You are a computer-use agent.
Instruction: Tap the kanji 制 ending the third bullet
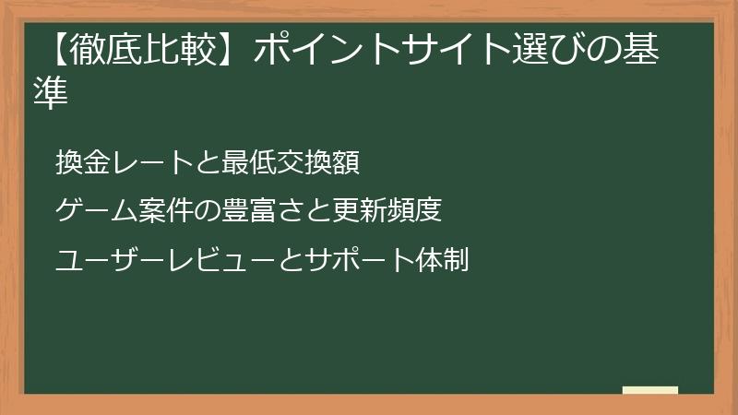[457, 261]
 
